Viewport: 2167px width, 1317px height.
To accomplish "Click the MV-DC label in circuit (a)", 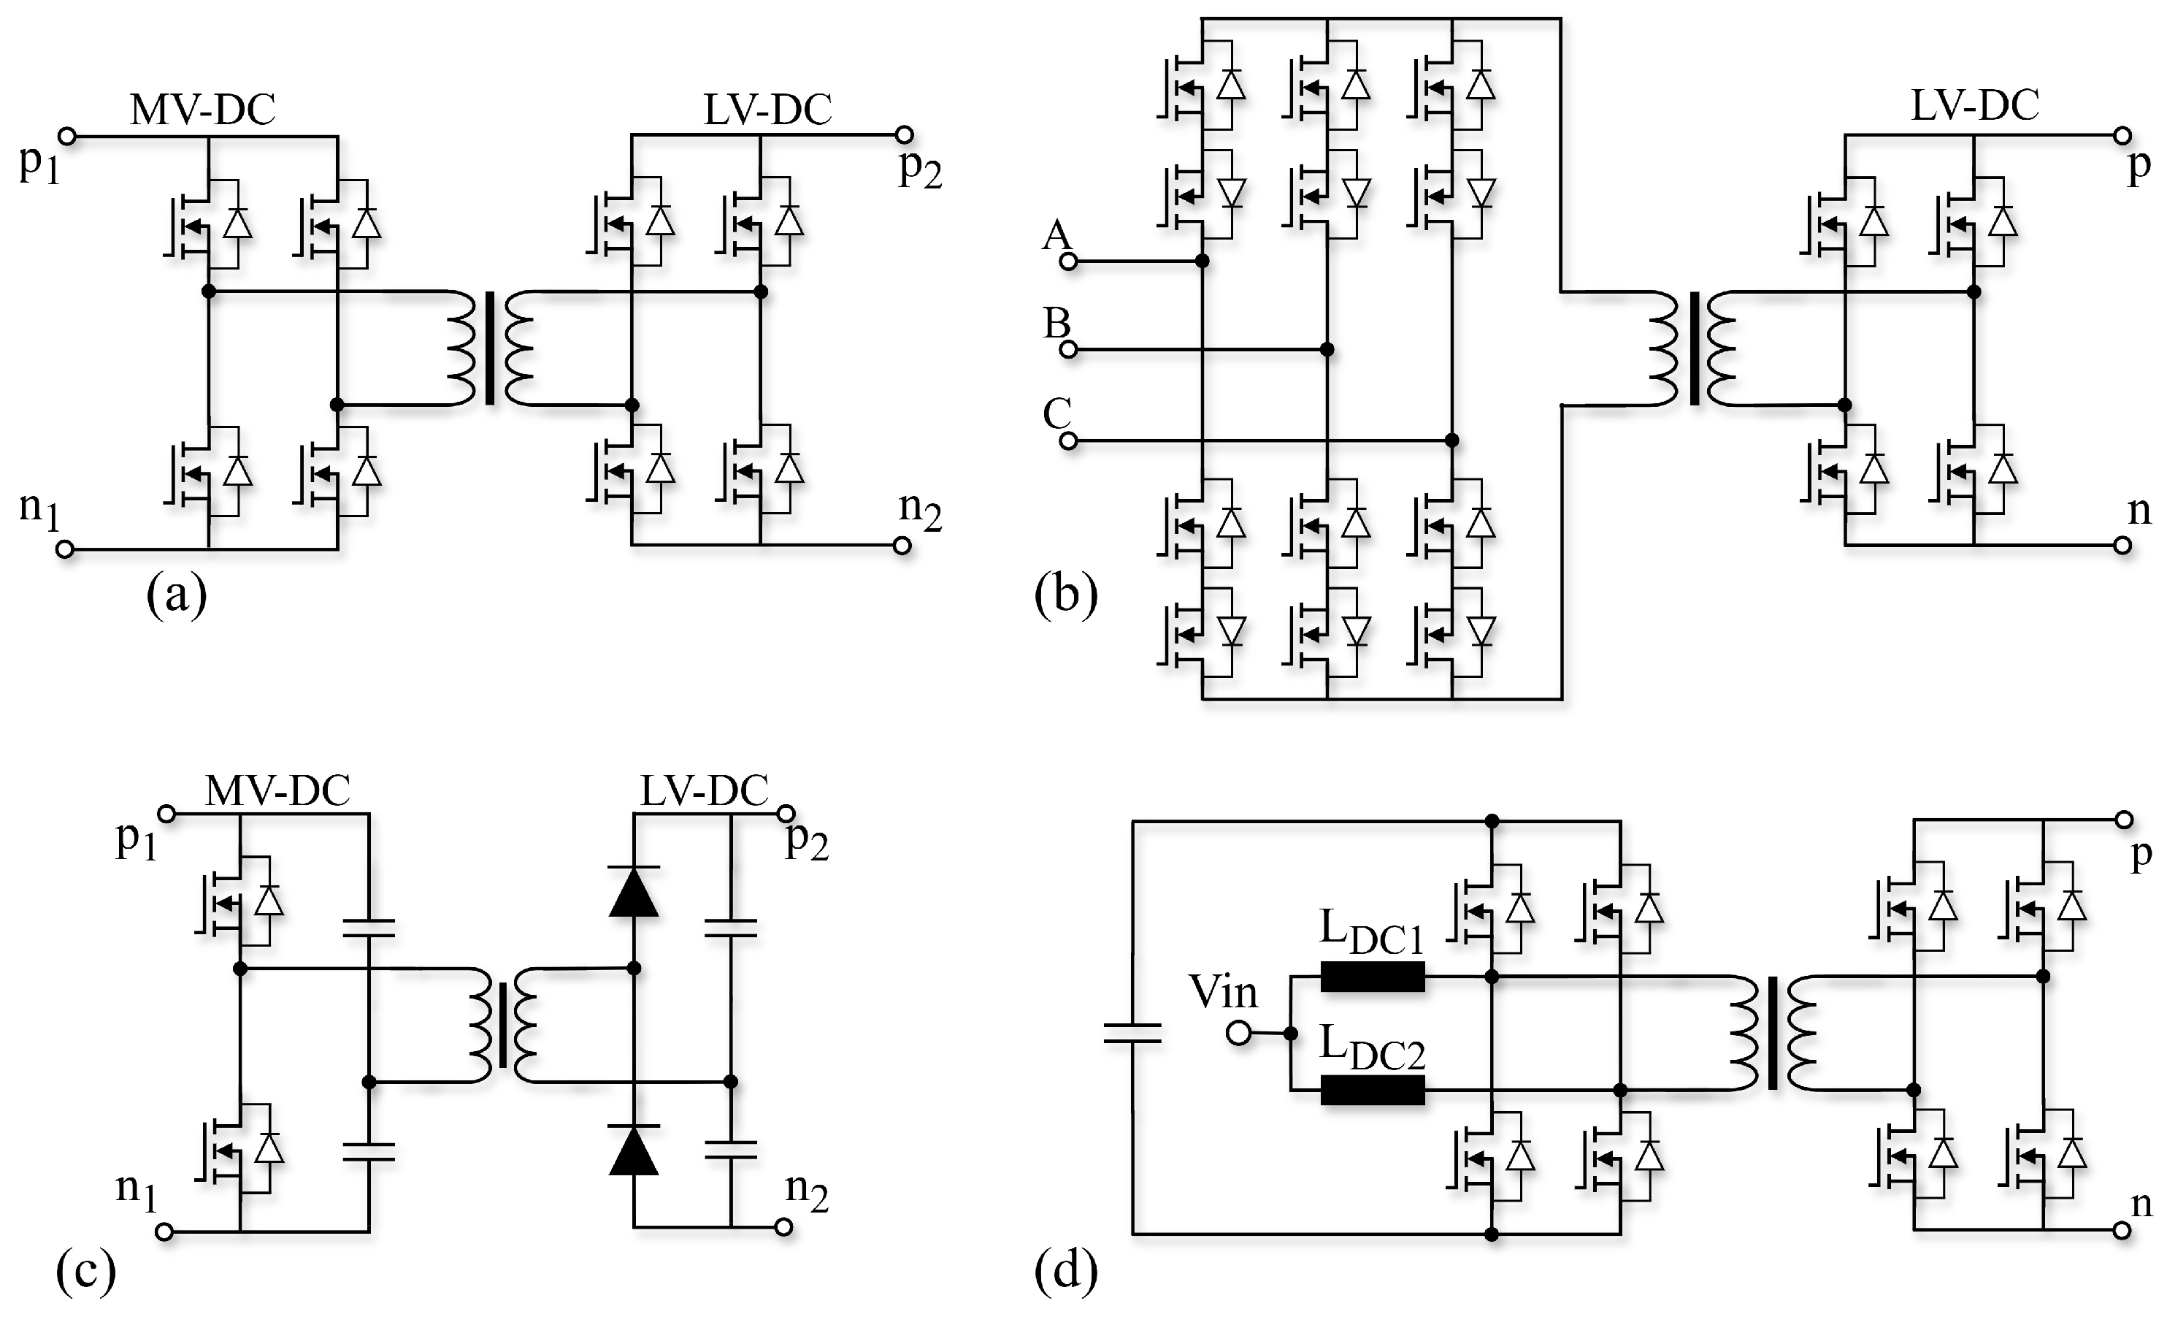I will tap(202, 111).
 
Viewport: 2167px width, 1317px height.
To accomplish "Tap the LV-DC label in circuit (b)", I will tap(1974, 107).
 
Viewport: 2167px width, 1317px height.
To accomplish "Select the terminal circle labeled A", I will tap(1069, 262).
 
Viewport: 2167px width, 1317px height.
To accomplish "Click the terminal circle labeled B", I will tap(1069, 350).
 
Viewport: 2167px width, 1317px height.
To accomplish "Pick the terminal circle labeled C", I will tap(1069, 440).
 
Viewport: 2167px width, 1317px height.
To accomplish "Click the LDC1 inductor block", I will tap(1372, 977).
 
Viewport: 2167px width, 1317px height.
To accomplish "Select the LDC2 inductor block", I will tap(1372, 1091).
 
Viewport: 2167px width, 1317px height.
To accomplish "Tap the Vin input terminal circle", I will tap(1238, 1034).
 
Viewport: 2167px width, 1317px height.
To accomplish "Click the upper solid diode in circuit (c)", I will tap(634, 891).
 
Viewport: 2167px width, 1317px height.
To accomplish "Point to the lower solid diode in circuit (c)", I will tap(634, 1150).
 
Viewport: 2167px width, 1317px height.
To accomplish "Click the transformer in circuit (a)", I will tap(490, 348).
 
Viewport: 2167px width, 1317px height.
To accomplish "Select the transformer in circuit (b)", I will tap(1694, 348).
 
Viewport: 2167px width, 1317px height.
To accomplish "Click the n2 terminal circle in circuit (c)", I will tap(783, 1227).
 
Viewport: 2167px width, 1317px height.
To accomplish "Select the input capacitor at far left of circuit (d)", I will tap(1132, 1034).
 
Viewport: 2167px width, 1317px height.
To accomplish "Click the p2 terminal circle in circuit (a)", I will tap(904, 134).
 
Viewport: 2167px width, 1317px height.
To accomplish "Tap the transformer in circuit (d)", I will tap(1772, 1034).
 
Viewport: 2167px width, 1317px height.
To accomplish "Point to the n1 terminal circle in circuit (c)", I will tap(164, 1232).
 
